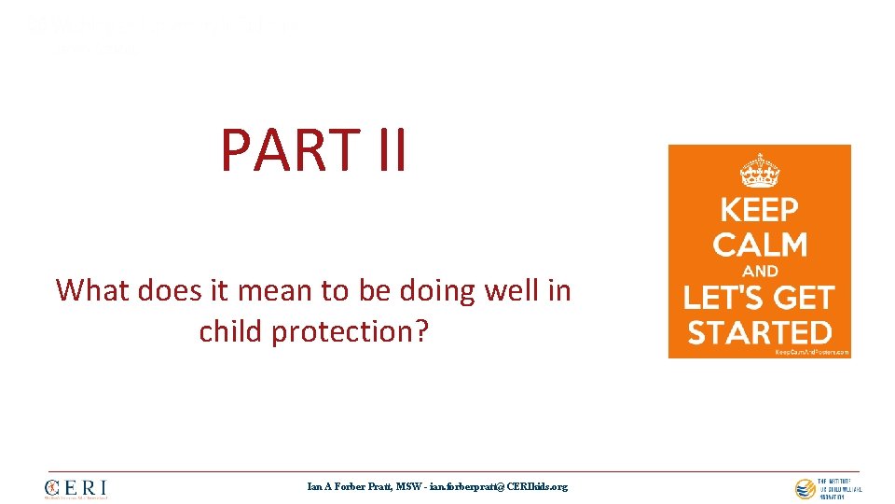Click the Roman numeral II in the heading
tap(388, 151)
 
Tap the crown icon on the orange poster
tap(759, 172)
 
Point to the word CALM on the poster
tap(759, 245)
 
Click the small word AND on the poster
tap(760, 273)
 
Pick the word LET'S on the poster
tap(729, 298)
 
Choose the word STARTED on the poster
tap(758, 332)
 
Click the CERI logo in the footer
tap(76, 488)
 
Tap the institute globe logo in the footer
tap(805, 488)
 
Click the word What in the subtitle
tap(93, 291)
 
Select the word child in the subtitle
tap(230, 331)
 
